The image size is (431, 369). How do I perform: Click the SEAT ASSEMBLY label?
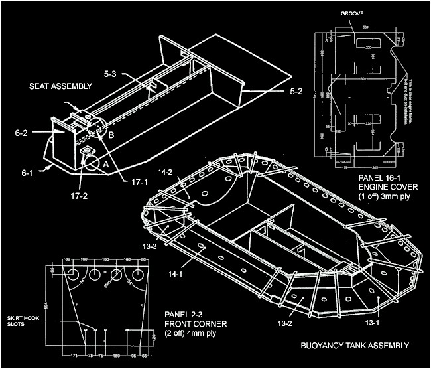coord(56,86)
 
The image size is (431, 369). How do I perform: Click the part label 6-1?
coord(27,173)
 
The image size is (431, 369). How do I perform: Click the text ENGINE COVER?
coord(387,188)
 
